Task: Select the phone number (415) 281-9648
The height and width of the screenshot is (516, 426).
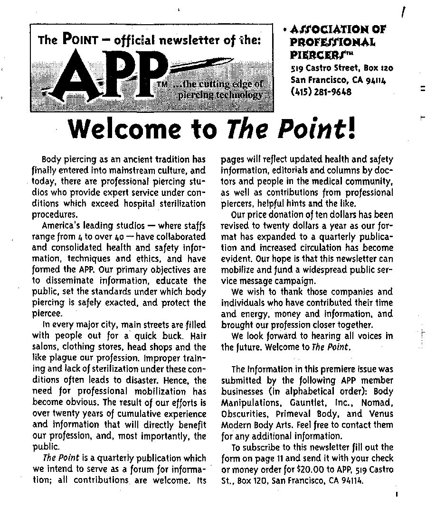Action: point(321,92)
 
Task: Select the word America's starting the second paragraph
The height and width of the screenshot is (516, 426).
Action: point(61,225)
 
